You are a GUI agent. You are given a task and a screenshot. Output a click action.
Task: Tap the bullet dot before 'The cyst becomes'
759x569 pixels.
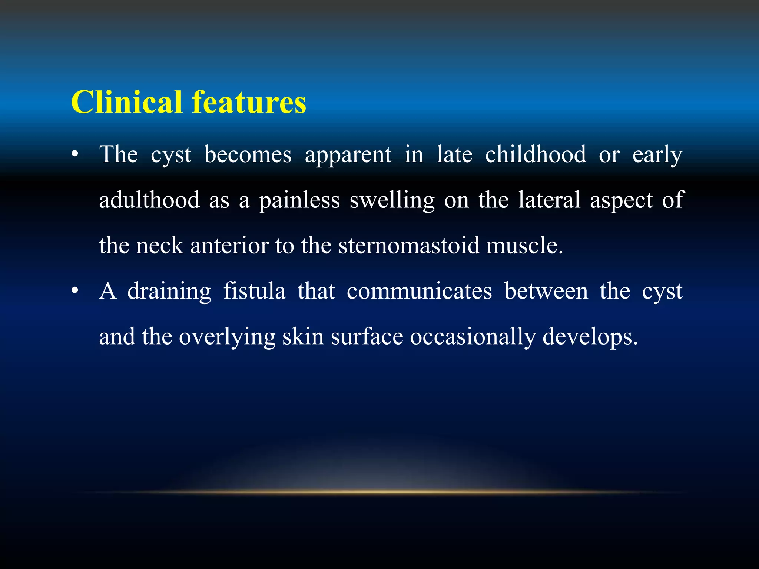pos(75,155)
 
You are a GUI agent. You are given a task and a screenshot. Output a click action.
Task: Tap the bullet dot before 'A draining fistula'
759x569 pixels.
pos(75,292)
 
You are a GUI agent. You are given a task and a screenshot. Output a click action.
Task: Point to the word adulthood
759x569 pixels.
pos(149,200)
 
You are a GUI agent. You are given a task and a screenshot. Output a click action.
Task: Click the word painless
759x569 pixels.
pos(299,200)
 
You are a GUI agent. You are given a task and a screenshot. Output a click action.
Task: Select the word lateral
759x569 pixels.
pos(549,200)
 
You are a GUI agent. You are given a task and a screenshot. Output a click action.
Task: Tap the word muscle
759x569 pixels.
pos(524,246)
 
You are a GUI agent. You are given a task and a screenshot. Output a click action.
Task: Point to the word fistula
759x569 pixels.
pos(254,291)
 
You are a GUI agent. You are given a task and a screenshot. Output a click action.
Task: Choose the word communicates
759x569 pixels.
pos(419,291)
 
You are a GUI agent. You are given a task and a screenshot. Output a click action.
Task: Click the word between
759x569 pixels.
pos(546,291)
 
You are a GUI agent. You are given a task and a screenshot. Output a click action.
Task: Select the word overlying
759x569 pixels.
pos(227,337)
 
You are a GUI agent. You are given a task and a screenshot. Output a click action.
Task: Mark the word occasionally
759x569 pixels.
pos(473,337)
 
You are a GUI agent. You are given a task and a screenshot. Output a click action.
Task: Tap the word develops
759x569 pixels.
pos(590,337)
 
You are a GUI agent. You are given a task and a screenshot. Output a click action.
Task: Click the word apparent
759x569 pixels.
pos(348,155)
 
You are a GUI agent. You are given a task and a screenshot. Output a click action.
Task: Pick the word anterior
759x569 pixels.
pos(229,246)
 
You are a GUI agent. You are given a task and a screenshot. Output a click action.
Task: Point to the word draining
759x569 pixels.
pos(169,291)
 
